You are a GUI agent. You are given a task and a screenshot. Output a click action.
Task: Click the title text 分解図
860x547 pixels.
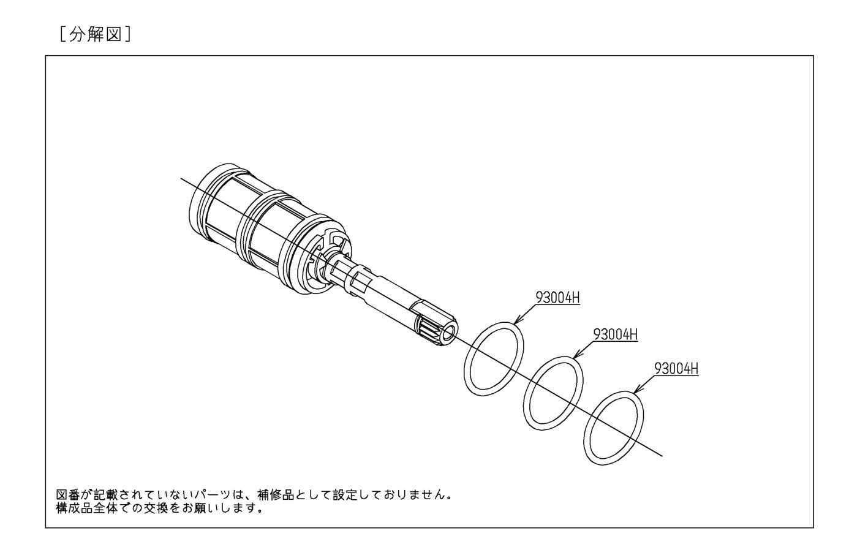click(x=96, y=34)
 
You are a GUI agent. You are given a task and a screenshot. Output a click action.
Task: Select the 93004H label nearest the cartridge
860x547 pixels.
click(x=557, y=298)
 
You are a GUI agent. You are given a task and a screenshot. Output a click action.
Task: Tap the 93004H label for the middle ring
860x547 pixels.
click(x=615, y=334)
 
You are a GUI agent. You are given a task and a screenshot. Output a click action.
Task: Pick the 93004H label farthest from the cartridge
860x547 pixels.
click(x=676, y=369)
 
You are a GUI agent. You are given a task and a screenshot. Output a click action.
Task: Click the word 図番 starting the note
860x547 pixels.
click(x=69, y=494)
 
